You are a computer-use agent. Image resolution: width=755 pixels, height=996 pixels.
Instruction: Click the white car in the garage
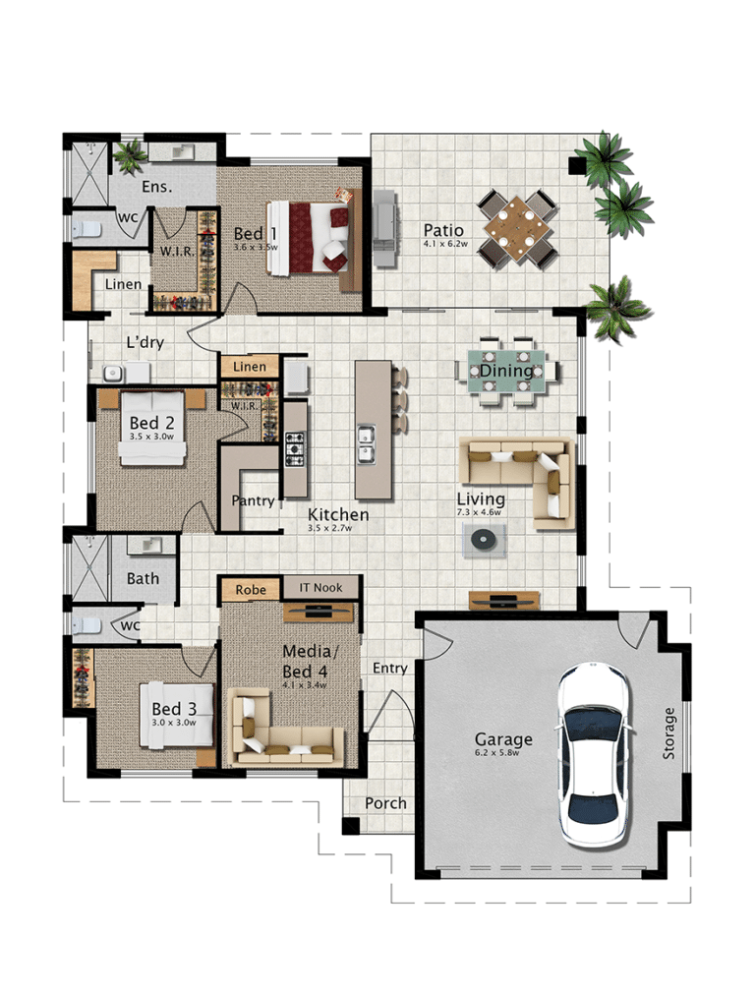click(x=593, y=754)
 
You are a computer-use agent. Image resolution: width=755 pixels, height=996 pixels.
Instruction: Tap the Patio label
click(x=443, y=230)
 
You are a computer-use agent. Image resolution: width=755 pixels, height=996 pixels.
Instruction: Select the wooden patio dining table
click(x=516, y=229)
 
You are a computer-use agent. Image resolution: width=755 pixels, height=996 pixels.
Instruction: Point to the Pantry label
click(x=253, y=500)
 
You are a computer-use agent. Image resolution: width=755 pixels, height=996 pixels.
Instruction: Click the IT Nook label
click(x=321, y=588)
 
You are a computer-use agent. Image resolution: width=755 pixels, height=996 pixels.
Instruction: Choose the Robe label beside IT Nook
click(x=250, y=589)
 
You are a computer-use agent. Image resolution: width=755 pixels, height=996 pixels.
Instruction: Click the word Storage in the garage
click(x=669, y=732)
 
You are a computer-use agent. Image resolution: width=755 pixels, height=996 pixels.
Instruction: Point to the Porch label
click(x=385, y=803)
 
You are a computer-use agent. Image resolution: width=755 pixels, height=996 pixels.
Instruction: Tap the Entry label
click(x=390, y=669)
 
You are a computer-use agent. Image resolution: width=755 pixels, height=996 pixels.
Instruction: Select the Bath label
click(x=143, y=579)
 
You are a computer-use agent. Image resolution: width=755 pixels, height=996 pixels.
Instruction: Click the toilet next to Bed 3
click(x=89, y=624)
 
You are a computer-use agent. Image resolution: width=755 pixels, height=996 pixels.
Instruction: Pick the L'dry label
click(x=145, y=343)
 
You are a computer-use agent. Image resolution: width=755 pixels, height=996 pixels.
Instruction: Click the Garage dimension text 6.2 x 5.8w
click(x=503, y=753)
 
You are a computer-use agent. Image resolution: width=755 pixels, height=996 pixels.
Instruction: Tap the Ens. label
click(x=157, y=186)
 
